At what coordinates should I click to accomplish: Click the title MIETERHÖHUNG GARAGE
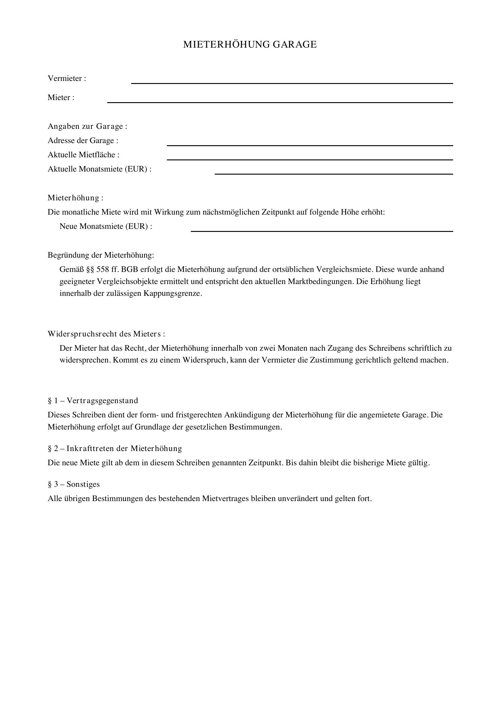250,45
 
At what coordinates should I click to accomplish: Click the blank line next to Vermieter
292,81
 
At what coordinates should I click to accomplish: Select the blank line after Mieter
280,100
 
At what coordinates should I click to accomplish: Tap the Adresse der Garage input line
310,143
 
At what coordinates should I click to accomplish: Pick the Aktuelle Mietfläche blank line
310,157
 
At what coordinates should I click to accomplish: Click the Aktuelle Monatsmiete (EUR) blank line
334,172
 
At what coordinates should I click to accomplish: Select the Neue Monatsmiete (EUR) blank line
322,229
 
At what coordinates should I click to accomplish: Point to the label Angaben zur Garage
87,126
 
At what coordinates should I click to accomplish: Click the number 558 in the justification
103,269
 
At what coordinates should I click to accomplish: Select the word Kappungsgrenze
172,293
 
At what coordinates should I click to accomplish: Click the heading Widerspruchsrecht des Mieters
106,334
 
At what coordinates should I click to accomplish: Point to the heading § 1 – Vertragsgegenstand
93,401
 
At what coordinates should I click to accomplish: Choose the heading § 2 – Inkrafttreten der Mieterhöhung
115,449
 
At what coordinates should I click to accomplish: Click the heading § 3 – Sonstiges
74,484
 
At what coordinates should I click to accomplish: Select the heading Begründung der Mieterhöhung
101,255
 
